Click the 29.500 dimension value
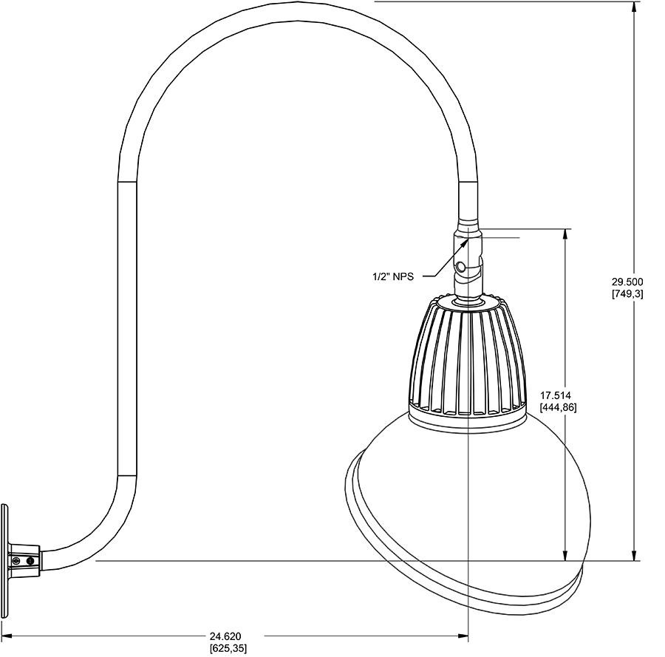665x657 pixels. [627, 282]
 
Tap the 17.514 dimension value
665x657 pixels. [559, 395]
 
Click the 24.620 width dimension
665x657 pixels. [225, 636]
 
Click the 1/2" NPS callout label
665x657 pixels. [392, 277]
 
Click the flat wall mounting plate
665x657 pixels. [5, 561]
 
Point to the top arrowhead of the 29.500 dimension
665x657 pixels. [634, 7]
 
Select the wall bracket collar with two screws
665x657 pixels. [24, 561]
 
